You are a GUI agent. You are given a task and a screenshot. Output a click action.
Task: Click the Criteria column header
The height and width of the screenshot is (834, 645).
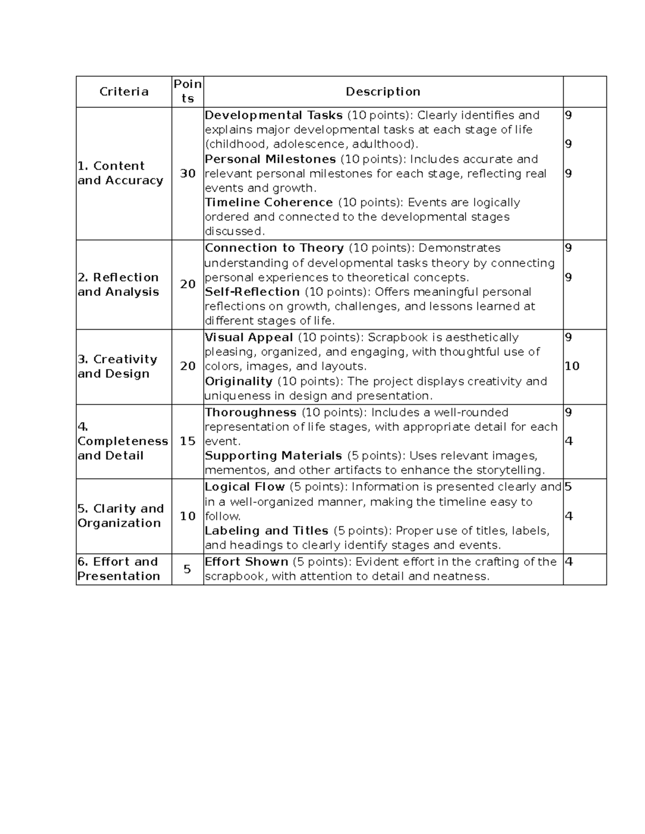pos(124,91)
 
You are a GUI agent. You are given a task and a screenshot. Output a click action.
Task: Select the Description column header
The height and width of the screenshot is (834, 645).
pos(383,91)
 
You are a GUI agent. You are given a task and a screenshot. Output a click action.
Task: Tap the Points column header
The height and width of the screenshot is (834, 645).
pos(188,91)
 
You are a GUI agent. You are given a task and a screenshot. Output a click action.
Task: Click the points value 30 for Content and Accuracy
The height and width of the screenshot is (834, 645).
pos(188,173)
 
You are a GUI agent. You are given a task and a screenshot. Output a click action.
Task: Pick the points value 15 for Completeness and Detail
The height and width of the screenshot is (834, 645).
pos(188,441)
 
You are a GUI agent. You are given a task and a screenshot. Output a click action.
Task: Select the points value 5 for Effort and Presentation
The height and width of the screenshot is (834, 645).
pos(187,569)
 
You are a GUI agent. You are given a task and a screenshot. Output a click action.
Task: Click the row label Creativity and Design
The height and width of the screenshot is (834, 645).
pos(118,366)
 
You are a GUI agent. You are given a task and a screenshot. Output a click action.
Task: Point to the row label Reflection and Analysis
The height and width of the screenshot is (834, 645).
pos(118,285)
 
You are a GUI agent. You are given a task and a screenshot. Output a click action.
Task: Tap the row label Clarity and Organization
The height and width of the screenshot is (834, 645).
pos(120,516)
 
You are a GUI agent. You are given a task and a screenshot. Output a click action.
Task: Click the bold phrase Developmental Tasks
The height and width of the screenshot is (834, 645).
pos(274,115)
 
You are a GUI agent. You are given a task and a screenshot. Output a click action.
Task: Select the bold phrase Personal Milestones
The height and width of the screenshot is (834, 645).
pos(270,159)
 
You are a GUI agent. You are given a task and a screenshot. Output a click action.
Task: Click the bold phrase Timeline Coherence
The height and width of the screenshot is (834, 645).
pos(269,202)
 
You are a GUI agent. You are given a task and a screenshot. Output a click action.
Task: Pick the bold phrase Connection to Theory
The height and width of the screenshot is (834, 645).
pos(274,248)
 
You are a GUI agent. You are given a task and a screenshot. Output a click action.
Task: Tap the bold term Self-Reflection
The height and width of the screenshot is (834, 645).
pos(252,292)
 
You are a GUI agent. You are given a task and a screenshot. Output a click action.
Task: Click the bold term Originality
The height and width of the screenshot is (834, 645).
pos(239,381)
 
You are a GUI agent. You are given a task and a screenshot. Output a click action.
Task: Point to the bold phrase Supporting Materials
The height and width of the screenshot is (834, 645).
pos(273,455)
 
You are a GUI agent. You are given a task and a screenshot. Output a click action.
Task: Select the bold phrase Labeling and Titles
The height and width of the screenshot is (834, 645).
pos(266,531)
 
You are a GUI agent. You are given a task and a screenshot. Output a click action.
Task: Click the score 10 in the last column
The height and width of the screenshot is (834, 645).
pos(572,366)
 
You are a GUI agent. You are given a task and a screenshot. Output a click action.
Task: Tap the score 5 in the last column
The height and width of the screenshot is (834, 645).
pos(568,487)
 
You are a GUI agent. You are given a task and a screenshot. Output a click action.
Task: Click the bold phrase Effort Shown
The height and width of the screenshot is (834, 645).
pos(246,562)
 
